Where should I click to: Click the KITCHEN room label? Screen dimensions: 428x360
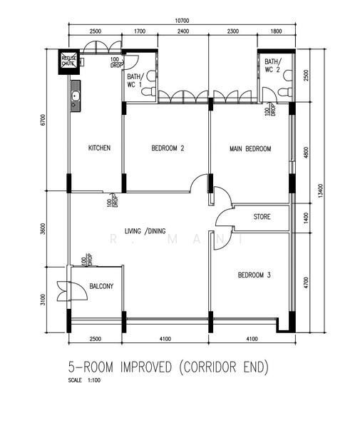coord(99,148)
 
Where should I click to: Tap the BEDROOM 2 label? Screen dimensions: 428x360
coord(168,148)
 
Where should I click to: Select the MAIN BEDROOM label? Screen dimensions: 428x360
coord(250,148)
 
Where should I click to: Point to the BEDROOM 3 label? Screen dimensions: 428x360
coord(254,275)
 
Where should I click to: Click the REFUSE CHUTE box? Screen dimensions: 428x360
coord(69,61)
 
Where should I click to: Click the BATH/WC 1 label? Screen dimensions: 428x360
coord(135,80)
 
